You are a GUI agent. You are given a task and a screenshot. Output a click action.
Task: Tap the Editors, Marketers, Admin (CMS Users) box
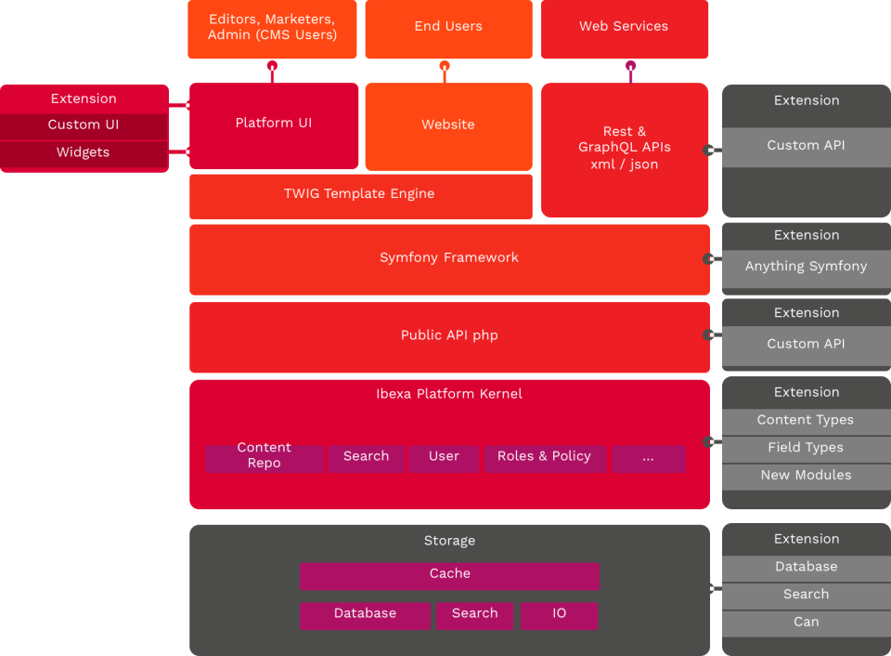(x=272, y=28)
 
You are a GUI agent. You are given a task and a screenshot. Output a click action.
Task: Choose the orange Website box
(x=448, y=125)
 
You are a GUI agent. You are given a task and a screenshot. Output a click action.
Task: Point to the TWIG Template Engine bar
(x=359, y=194)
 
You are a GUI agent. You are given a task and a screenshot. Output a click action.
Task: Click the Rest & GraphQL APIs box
(x=624, y=149)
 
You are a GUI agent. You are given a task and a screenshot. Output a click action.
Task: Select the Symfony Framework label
(x=449, y=258)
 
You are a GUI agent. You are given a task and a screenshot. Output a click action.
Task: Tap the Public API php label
(x=449, y=335)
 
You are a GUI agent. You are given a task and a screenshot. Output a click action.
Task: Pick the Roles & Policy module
(x=544, y=457)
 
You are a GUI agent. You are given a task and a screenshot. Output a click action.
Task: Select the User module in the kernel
(x=444, y=457)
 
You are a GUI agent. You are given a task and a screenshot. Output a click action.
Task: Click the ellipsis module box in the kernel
(x=648, y=457)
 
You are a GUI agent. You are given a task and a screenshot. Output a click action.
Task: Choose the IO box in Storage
(x=559, y=614)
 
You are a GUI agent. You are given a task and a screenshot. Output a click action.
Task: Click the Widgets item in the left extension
(x=84, y=153)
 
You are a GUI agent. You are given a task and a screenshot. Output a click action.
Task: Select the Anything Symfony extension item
(x=806, y=267)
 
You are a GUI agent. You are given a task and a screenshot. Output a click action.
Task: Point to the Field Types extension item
(x=806, y=448)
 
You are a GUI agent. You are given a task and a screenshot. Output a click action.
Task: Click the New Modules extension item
(x=806, y=476)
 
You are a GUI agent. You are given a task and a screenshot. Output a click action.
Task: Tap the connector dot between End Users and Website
(x=445, y=66)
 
